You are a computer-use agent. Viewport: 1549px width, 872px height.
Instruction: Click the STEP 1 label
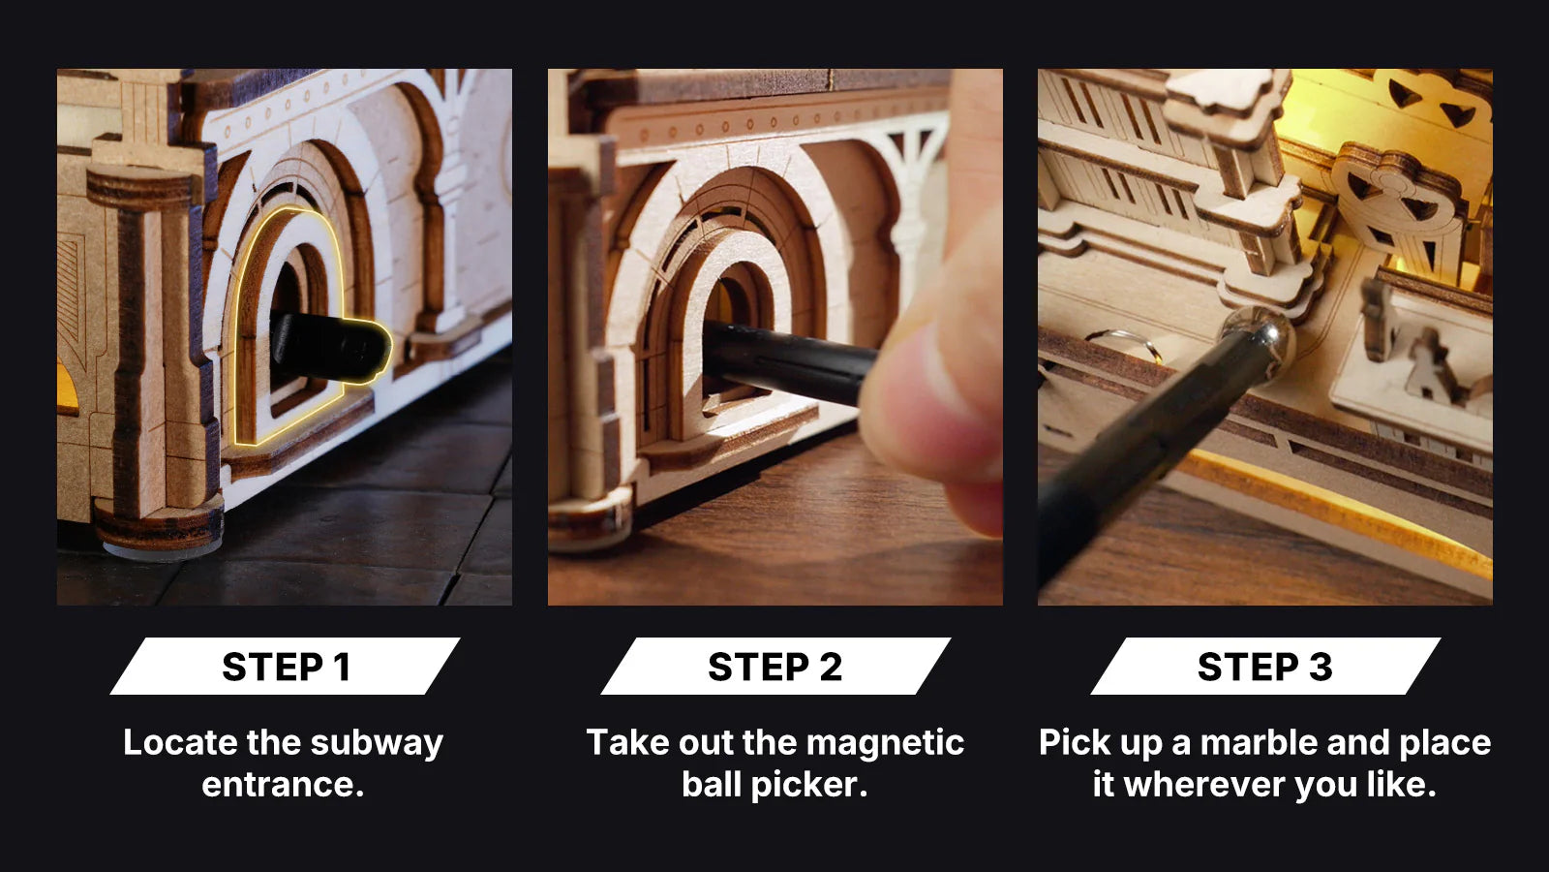[286, 667]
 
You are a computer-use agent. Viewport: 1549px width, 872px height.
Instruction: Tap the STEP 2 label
[775, 667]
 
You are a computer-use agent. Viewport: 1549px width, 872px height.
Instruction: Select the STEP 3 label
[1264, 667]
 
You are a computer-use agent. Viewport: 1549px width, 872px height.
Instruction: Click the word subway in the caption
[377, 744]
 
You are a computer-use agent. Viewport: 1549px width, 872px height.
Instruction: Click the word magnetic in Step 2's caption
[885, 744]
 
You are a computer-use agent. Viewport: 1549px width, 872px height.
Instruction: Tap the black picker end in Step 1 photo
[330, 345]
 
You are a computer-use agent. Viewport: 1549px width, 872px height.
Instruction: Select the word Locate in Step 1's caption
[180, 742]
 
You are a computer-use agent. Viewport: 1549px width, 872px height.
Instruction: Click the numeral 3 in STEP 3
[1321, 667]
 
